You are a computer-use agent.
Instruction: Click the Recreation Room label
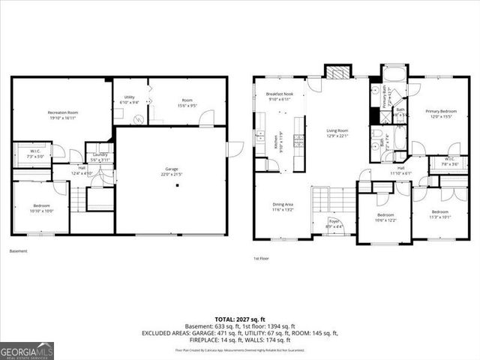tap(64, 112)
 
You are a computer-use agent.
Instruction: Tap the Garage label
tap(172, 169)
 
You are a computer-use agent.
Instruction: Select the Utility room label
tap(129, 97)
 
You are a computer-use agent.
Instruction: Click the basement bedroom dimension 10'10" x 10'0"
tap(42, 210)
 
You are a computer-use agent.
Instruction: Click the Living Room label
tap(337, 130)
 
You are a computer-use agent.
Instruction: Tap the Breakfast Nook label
tap(279, 94)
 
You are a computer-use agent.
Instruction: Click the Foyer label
tap(334, 220)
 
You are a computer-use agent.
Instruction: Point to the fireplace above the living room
tap(338, 71)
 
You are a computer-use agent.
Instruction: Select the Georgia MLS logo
tap(25, 351)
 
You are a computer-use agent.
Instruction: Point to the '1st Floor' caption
tap(261, 258)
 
